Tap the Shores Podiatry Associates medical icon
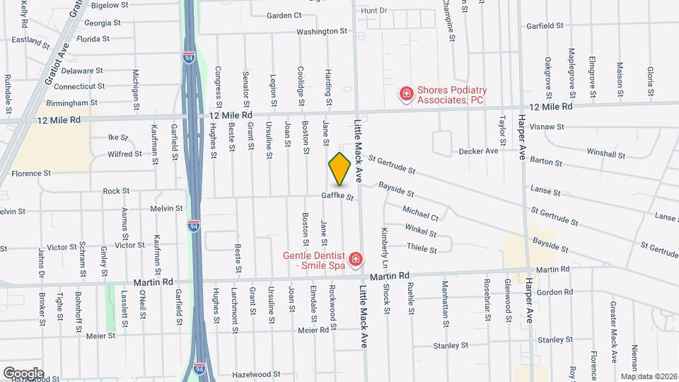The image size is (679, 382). click(x=406, y=93)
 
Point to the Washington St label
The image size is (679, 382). click(x=322, y=31)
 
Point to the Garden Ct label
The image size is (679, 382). click(x=284, y=15)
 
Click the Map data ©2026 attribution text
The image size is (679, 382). click(x=649, y=376)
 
